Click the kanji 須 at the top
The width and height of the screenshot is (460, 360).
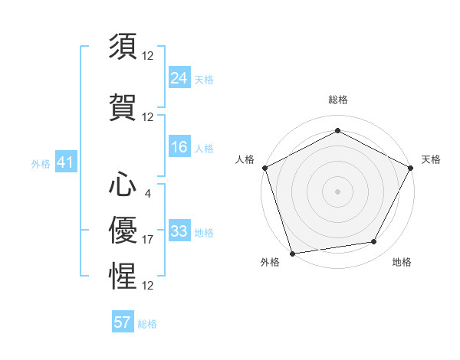click(123, 46)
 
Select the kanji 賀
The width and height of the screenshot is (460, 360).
click(123, 106)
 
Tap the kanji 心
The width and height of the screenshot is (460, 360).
click(123, 185)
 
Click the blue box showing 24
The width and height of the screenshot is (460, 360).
click(179, 77)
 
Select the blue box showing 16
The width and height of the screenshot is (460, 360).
click(179, 147)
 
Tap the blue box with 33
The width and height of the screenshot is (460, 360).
click(179, 231)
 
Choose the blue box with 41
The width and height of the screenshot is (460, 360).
click(64, 162)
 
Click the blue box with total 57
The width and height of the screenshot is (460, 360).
click(123, 322)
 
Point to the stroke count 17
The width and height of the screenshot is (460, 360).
click(148, 240)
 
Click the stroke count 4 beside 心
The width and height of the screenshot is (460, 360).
click(148, 193)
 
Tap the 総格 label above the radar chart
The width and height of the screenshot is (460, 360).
click(337, 100)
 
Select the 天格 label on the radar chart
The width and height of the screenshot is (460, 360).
click(432, 159)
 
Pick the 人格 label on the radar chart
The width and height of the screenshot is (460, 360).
click(245, 159)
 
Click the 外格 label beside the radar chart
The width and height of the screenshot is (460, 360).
click(270, 262)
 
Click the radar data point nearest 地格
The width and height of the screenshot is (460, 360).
click(374, 242)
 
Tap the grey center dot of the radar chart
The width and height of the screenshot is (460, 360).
click(337, 191)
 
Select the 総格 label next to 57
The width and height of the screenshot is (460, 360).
click(147, 324)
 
